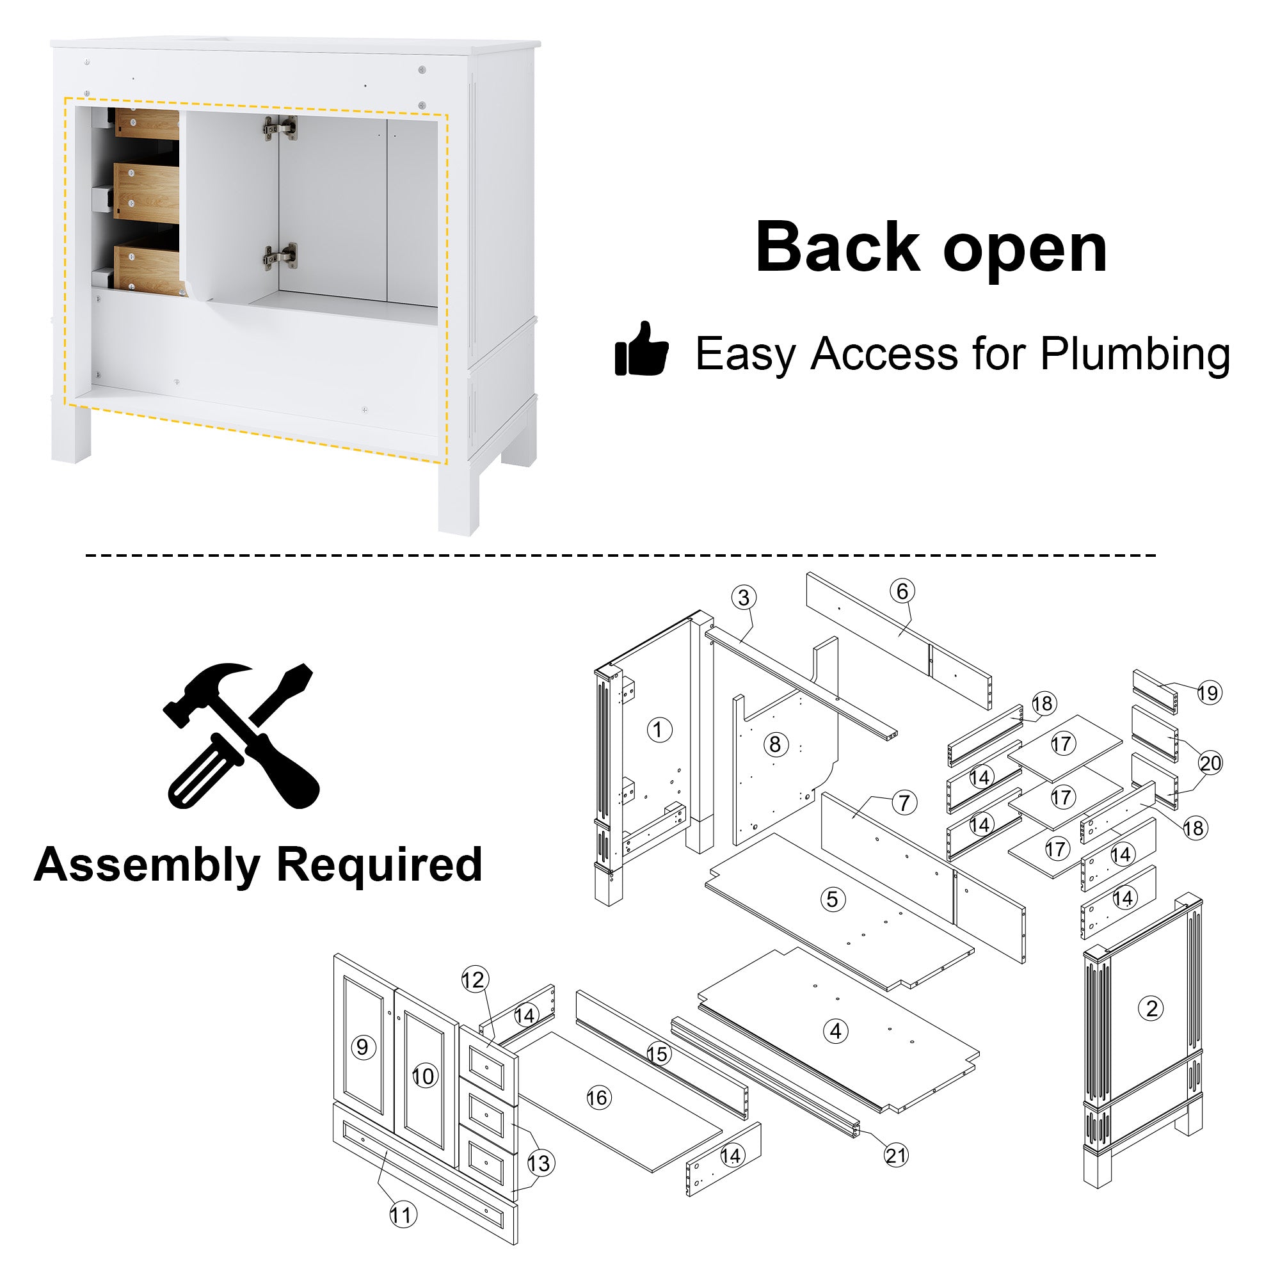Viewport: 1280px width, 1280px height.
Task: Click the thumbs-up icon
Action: click(641, 349)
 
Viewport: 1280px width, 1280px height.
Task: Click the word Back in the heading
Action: click(836, 247)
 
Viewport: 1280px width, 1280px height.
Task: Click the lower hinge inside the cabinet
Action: click(280, 257)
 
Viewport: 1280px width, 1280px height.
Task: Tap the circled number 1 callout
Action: click(659, 730)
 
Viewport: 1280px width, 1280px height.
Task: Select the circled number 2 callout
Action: click(1151, 1009)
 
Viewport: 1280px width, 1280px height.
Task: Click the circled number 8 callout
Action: click(775, 744)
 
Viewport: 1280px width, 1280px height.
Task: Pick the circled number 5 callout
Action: click(833, 899)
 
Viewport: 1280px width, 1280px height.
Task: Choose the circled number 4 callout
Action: click(835, 1031)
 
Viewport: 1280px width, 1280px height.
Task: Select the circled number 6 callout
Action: click(902, 591)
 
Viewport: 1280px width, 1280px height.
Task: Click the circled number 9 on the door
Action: click(362, 1047)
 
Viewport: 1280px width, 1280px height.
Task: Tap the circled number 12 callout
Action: click(474, 979)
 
